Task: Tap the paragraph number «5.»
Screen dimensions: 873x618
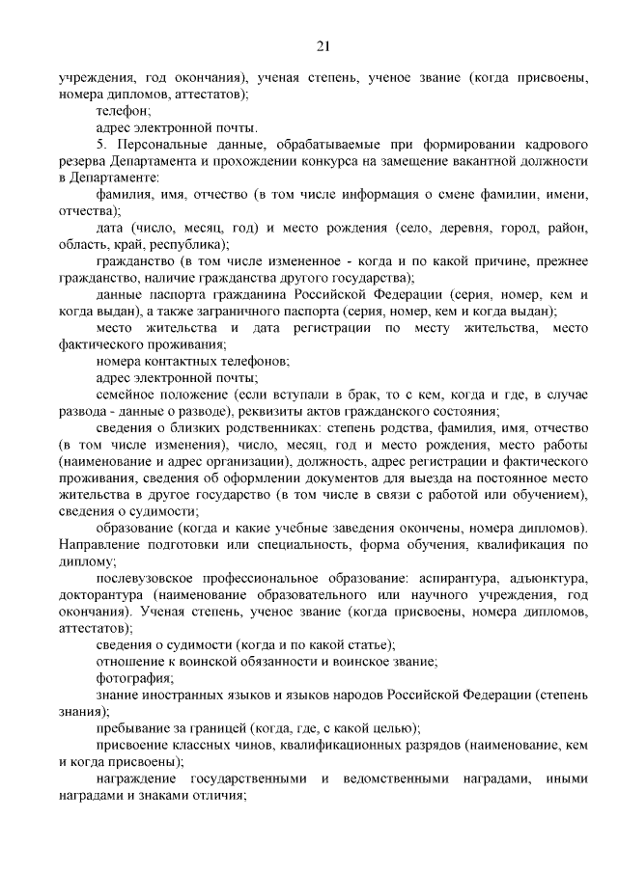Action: [x=102, y=145]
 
